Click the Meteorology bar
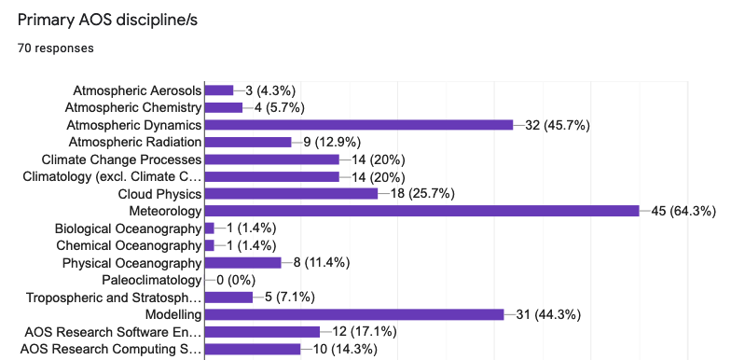(421, 211)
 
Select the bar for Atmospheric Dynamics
(359, 125)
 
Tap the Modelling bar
(354, 315)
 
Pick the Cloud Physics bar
(291, 193)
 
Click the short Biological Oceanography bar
(210, 228)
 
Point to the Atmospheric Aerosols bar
(219, 90)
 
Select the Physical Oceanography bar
(242, 263)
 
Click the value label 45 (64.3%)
(683, 211)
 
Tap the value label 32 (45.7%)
(558, 125)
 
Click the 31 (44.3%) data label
(548, 315)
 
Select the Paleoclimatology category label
(151, 280)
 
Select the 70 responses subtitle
(55, 48)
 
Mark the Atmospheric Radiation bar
(248, 142)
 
